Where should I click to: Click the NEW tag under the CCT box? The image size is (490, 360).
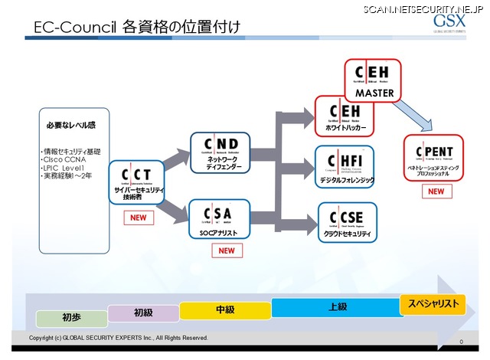click(x=138, y=218)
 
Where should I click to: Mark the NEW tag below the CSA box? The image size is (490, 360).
click(x=225, y=250)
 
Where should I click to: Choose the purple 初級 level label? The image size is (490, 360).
click(x=143, y=313)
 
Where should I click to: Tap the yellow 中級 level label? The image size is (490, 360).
click(x=225, y=309)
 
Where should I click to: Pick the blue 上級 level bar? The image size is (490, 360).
click(x=337, y=307)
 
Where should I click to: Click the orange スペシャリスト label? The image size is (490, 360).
click(x=433, y=304)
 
